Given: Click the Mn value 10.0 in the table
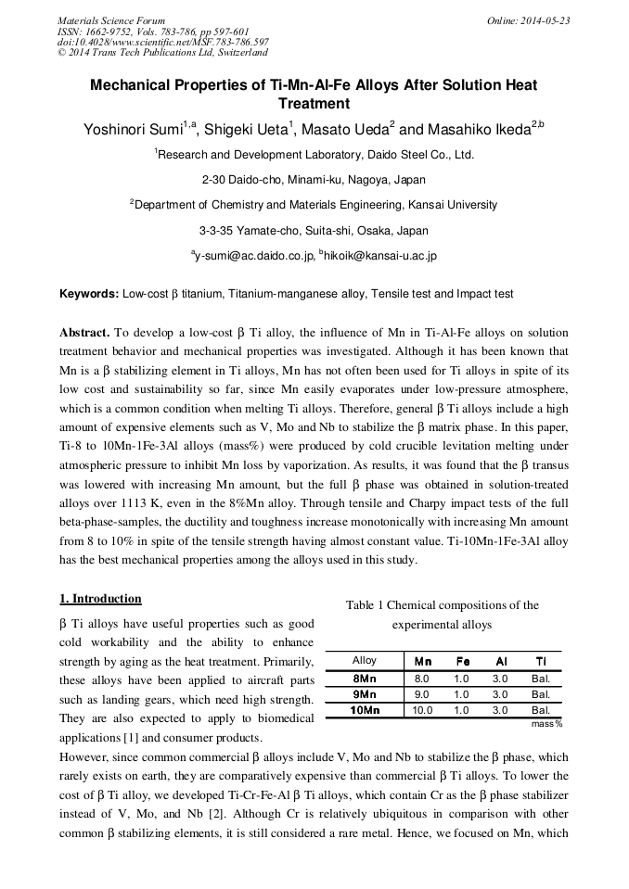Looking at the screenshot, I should (422, 710).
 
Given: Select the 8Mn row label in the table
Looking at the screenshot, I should (365, 678).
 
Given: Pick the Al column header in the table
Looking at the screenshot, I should (500, 661).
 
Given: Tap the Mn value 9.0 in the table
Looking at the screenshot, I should (422, 693).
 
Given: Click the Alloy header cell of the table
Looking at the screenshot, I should (365, 661).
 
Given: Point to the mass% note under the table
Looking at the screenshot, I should (546, 723).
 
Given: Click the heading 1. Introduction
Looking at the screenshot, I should (100, 599).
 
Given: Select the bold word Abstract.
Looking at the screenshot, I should (84, 332).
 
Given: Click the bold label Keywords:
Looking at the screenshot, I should (89, 294).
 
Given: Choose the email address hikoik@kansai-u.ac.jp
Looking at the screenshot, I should (380, 255).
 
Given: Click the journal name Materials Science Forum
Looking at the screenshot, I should (111, 20).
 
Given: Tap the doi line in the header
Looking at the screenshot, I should (163, 42).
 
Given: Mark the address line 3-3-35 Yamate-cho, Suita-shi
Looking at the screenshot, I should (314, 230).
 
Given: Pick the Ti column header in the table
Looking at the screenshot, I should (541, 661).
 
